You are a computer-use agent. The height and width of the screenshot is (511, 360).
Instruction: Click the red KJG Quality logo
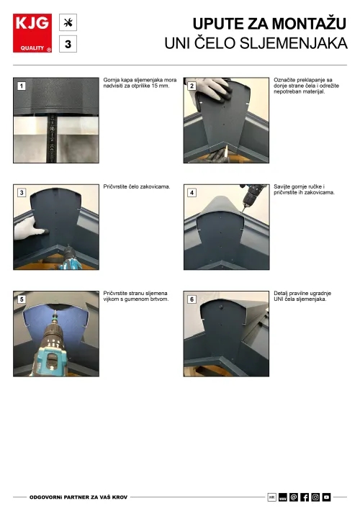[x=32, y=33]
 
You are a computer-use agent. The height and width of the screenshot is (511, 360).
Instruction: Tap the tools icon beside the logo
[x=68, y=22]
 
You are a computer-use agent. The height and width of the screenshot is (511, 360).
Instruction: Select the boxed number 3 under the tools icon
[x=68, y=44]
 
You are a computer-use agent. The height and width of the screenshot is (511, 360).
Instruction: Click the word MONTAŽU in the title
[x=309, y=24]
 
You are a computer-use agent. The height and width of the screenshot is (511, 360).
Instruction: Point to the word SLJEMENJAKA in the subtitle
[x=293, y=43]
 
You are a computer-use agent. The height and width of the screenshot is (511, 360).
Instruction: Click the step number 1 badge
[x=22, y=86]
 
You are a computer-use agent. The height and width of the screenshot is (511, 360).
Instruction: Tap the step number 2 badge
[x=192, y=86]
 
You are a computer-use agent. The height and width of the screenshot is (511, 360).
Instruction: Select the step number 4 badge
[x=192, y=193]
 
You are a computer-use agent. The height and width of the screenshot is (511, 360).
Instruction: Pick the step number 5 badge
[x=22, y=299]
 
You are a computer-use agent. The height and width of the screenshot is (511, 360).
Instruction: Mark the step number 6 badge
[x=192, y=299]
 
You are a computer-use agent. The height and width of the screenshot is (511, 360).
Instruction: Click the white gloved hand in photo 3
[x=27, y=229]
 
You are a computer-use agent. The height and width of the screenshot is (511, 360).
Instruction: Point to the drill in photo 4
[x=252, y=196]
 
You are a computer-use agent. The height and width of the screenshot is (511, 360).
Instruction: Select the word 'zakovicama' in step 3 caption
[x=155, y=186]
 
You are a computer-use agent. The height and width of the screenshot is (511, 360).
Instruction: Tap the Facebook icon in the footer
[x=305, y=497]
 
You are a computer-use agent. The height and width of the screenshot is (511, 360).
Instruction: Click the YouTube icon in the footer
[x=326, y=497]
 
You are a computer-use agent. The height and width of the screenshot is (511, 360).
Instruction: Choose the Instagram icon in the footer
[x=315, y=497]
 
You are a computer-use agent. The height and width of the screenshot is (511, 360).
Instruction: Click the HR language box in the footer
[x=271, y=497]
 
